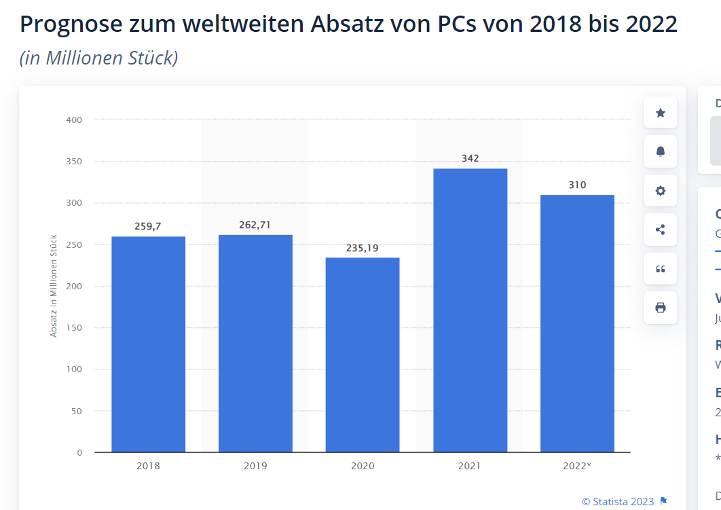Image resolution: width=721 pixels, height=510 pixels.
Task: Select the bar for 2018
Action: tap(148, 344)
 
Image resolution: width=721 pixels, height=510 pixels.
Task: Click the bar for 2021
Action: tap(470, 310)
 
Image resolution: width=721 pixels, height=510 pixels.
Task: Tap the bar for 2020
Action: tap(363, 354)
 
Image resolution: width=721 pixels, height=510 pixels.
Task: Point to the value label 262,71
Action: tap(255, 225)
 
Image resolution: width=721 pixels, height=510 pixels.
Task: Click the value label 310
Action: tap(577, 185)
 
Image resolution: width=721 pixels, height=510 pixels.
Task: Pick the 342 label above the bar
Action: tap(470, 158)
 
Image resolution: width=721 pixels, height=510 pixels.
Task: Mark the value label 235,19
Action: tap(363, 248)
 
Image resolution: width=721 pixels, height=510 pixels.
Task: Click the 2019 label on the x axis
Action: tap(255, 466)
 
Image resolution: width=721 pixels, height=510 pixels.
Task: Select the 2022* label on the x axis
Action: tap(577, 466)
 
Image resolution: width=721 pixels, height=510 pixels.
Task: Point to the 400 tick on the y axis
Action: tap(74, 120)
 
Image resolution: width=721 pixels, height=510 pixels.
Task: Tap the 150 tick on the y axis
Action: tap(74, 328)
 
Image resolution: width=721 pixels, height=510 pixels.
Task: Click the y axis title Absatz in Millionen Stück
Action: tap(54, 286)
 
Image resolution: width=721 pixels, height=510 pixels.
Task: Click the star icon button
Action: tap(661, 113)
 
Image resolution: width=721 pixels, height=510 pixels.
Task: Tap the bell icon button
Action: tap(661, 151)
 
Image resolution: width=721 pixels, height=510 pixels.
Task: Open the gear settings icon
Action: tap(661, 191)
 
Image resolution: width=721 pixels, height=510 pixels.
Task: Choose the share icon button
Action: tap(661, 230)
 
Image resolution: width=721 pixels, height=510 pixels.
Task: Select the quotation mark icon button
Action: tap(661, 269)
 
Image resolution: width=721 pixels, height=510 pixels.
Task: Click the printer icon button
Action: tap(661, 308)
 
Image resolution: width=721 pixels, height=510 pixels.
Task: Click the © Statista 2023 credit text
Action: tap(617, 502)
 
